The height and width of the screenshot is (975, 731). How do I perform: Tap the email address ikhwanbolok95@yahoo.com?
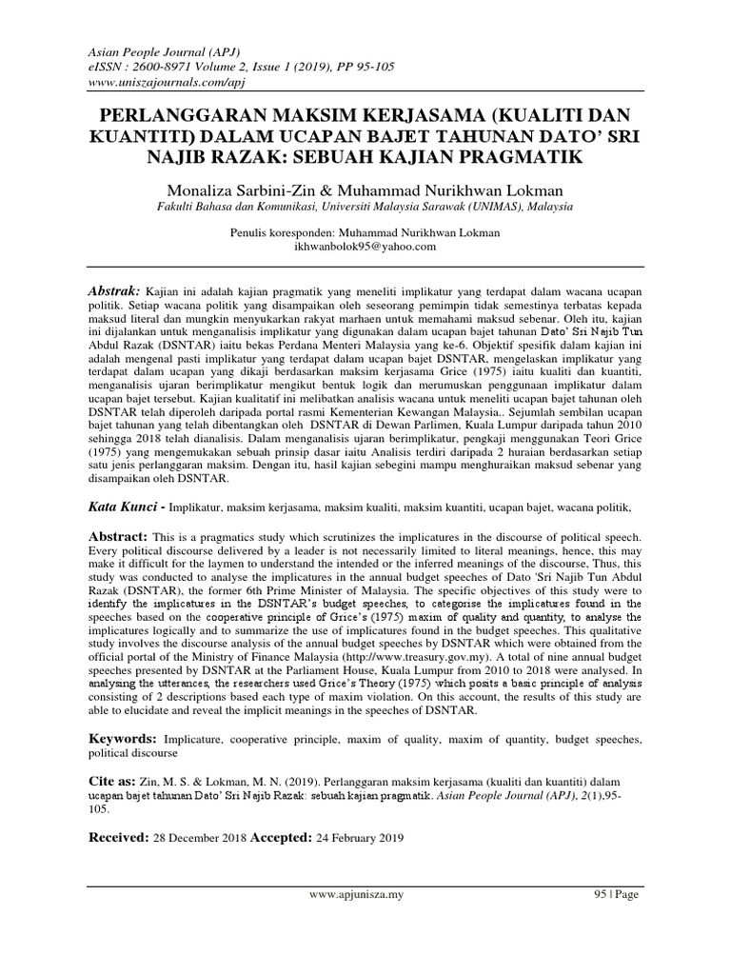pyautogui.click(x=366, y=247)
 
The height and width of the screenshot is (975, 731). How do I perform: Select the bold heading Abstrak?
pyautogui.click(x=114, y=289)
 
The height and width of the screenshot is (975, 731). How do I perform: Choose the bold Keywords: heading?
pyautogui.click(x=124, y=738)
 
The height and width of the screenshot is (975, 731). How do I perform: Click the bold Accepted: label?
pyautogui.click(x=280, y=838)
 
